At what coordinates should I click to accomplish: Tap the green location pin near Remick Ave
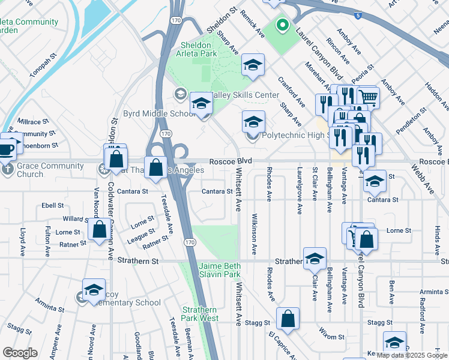pos(282,26)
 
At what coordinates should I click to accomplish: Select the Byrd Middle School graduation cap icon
pos(201,104)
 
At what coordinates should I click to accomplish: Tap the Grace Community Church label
pos(30,170)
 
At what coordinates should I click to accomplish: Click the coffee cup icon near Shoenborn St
pos(6,147)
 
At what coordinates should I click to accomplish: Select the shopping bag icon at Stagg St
pos(288,319)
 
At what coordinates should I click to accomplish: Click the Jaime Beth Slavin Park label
pos(219,270)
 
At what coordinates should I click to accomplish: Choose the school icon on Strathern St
pos(315,259)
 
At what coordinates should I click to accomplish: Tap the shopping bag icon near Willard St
pos(98,231)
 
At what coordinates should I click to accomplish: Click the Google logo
pos(20,352)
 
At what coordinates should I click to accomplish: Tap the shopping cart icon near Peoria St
pos(368,97)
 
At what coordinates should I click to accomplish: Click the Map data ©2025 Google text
pos(412,355)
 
